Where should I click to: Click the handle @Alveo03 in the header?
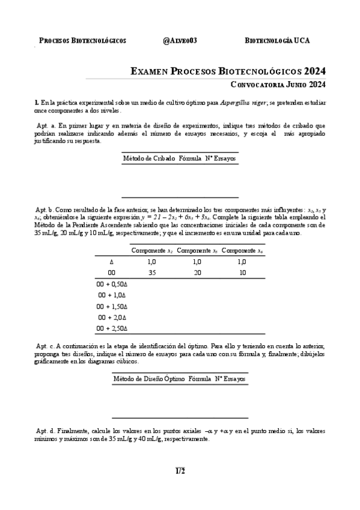pos(180,40)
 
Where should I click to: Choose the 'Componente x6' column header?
pos(242,250)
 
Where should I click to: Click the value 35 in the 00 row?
pos(152,272)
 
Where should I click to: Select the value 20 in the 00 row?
pos(197,272)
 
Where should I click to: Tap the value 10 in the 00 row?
pos(242,272)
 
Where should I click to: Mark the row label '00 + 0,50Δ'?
pos(112,284)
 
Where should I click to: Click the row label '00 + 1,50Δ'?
pos(112,306)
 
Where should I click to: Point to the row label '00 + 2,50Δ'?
pos(112,328)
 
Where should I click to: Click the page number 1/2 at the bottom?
pos(180,471)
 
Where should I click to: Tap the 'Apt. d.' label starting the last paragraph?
pos(46,431)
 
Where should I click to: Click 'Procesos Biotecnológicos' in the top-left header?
pos(82,40)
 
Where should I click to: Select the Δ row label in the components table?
pos(111,262)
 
